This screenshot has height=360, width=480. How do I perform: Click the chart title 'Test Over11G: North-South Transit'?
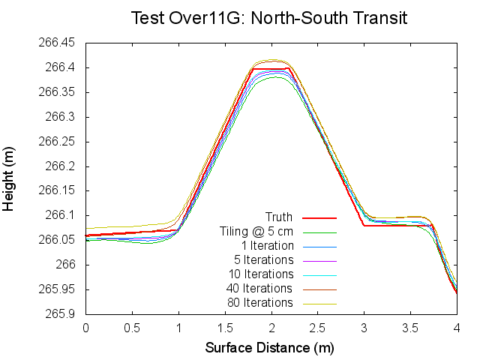tap(269, 17)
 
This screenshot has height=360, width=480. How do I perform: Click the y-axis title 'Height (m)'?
tap(10, 178)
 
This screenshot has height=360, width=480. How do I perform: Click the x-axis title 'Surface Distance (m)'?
tap(269, 348)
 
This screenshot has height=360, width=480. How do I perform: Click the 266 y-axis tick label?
tap(69, 265)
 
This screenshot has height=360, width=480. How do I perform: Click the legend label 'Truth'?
tap(280, 217)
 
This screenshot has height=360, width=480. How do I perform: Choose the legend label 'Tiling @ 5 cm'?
tap(256, 232)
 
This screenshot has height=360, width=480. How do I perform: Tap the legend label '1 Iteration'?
tap(267, 246)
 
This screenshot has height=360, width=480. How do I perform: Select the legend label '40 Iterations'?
tap(259, 289)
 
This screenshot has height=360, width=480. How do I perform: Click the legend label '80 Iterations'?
tap(259, 303)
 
